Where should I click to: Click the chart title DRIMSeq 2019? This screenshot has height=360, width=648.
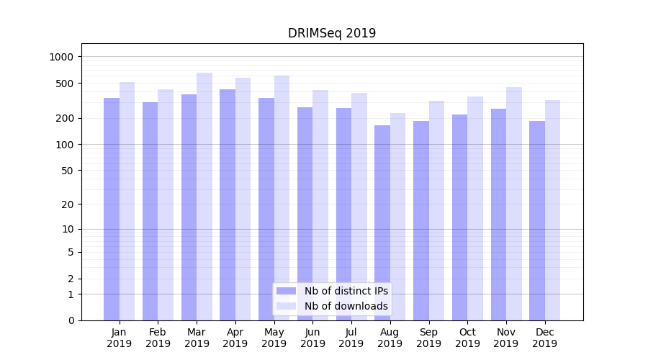[x=332, y=33]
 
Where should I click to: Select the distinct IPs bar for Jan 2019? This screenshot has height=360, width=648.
[x=112, y=209]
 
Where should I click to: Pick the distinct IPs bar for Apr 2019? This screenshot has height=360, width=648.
[x=228, y=204]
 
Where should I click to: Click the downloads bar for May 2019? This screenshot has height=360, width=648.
[x=282, y=198]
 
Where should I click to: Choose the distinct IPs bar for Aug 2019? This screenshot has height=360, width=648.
[x=382, y=222]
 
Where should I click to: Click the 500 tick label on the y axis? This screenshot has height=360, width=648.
[x=66, y=84]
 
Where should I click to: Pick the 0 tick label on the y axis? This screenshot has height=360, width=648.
[x=71, y=320]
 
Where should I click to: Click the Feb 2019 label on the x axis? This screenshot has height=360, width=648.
[x=158, y=338]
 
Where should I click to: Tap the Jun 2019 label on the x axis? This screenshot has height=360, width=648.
[x=312, y=338]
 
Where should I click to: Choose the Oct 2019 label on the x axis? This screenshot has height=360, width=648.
[x=467, y=338]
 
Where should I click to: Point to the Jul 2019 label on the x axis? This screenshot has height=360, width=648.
[x=351, y=338]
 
